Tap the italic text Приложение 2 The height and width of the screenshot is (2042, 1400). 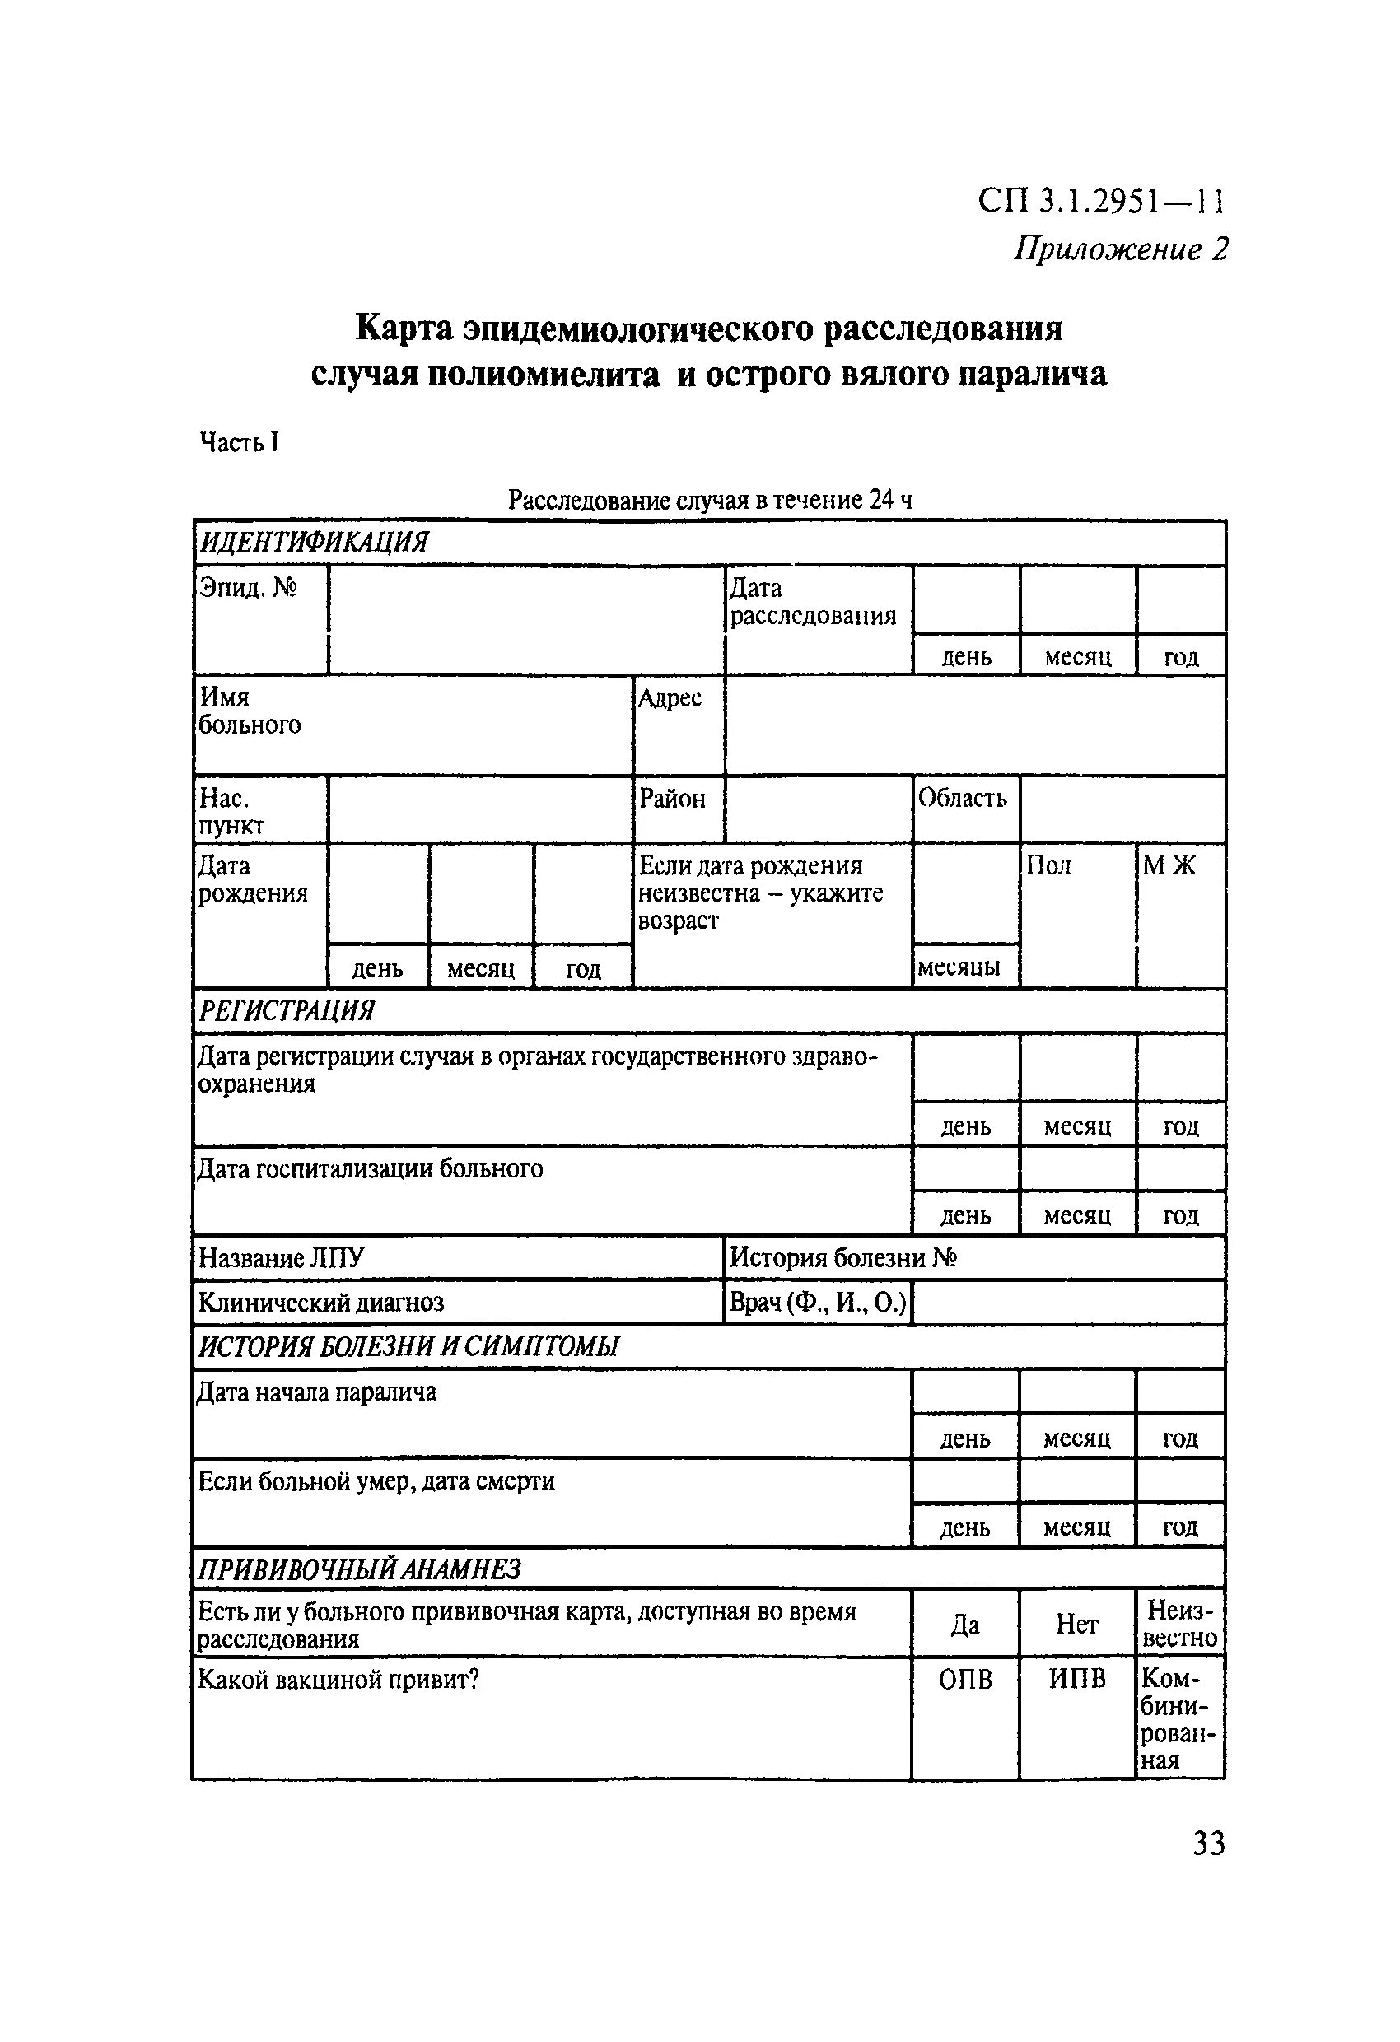point(1120,249)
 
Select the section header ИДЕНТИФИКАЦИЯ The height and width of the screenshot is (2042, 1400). point(314,542)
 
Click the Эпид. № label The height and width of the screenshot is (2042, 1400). point(249,588)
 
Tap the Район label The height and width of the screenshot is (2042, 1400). point(672,799)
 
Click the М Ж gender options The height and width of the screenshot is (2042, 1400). point(1169,866)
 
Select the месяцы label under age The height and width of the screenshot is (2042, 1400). point(959,967)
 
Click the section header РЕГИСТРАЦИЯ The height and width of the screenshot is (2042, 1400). point(287,1011)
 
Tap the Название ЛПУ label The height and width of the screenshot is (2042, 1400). point(280,1258)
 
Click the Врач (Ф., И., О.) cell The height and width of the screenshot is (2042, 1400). point(817,1302)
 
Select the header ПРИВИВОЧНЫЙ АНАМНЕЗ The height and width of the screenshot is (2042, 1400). point(358,1569)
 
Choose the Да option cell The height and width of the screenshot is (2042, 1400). point(965,1625)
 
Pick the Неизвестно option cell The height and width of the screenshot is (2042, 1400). point(1180,1624)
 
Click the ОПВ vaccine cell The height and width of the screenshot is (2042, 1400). point(965,1680)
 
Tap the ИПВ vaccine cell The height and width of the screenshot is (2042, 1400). point(1076,1680)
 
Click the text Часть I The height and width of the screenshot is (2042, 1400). point(239,442)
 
